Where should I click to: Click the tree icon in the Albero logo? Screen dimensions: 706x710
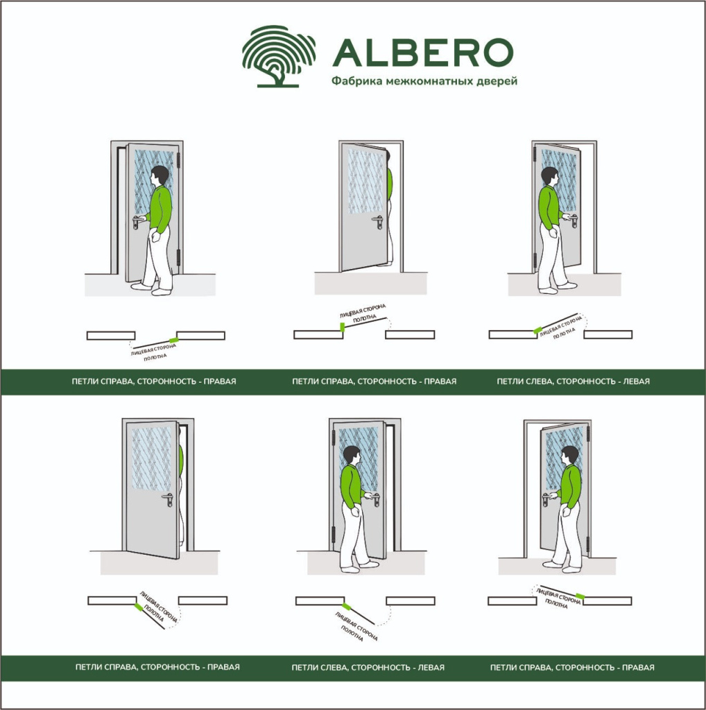(x=279, y=56)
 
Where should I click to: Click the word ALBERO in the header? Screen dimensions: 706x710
(x=423, y=52)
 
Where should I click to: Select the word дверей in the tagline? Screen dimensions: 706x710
(x=497, y=82)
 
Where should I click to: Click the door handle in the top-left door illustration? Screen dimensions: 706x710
(x=137, y=221)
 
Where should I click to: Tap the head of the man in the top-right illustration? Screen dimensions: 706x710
(x=550, y=177)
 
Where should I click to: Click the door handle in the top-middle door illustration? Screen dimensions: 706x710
(x=378, y=222)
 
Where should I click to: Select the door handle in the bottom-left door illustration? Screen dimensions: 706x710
(x=168, y=499)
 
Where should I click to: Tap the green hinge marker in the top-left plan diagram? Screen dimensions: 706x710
(x=173, y=340)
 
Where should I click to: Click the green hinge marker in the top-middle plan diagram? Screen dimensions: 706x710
(x=343, y=327)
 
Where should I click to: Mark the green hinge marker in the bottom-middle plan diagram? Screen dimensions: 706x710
(x=347, y=606)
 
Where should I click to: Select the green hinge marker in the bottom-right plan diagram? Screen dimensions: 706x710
(x=579, y=596)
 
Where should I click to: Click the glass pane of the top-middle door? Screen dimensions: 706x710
(x=365, y=181)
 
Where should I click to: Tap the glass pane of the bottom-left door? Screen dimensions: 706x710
(x=152, y=459)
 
